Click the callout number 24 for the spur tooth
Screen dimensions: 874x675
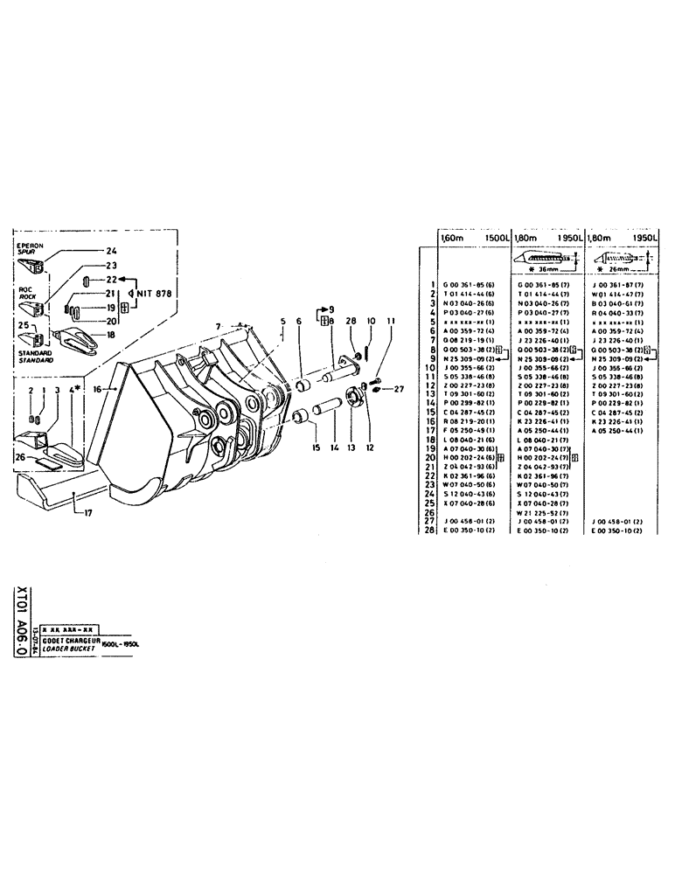(111, 251)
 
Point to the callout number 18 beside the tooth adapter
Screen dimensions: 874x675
(111, 334)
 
